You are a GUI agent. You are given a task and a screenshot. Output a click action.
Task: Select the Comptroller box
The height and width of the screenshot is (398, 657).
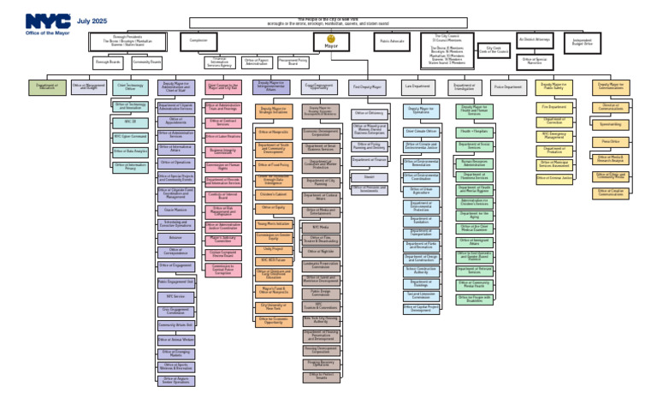point(200,40)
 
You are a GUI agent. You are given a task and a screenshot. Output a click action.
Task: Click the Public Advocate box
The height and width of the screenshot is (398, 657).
point(393,40)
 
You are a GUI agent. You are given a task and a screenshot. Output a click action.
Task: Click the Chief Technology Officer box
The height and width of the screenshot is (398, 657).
point(130,86)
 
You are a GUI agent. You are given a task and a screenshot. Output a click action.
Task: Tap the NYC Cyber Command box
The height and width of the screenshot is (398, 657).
point(130,136)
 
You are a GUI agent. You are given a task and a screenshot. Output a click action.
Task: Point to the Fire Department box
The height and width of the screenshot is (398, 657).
point(554,107)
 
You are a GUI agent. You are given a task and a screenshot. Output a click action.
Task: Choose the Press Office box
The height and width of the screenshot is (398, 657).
point(611,140)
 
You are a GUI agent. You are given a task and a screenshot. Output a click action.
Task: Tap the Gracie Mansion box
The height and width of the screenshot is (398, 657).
point(175,209)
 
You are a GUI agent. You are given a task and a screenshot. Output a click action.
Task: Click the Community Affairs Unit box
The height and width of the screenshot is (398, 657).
point(175,325)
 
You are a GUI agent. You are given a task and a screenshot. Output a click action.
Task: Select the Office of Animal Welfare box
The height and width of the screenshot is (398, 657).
point(175,339)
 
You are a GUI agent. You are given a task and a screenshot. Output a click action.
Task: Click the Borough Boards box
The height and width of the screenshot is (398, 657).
point(108,62)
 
